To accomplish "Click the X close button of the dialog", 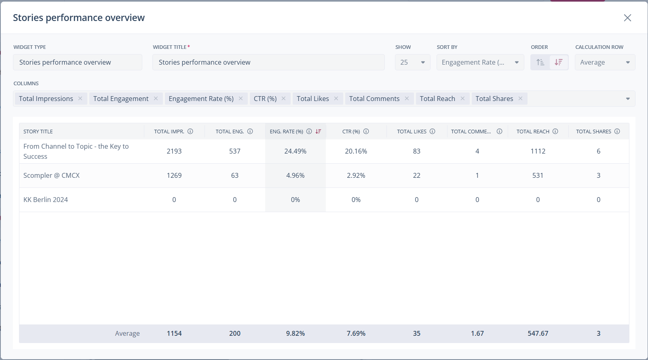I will (x=627, y=18).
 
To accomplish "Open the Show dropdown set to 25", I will (x=412, y=62).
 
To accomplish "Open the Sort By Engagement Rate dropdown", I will (x=480, y=62).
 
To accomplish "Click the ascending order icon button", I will (x=540, y=62).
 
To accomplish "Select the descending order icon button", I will (x=559, y=62).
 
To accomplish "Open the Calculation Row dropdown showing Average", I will (x=605, y=62).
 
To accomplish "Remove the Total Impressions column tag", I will (x=80, y=99).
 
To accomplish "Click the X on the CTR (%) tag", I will (x=284, y=99).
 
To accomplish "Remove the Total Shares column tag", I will (x=521, y=99).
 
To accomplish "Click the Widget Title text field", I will (x=268, y=62).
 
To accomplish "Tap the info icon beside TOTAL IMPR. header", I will (x=190, y=131).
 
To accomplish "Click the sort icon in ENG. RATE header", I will (x=319, y=131).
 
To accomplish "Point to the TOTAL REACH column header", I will (x=533, y=131).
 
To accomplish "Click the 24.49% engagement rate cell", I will (x=296, y=151).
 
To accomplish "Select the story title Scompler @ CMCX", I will (x=51, y=175).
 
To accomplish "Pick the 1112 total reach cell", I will (x=538, y=151).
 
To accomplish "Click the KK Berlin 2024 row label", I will (x=46, y=200).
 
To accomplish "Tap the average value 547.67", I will (x=538, y=333).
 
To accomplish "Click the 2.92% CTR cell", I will (x=356, y=175).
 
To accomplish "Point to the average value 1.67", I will (x=477, y=333).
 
